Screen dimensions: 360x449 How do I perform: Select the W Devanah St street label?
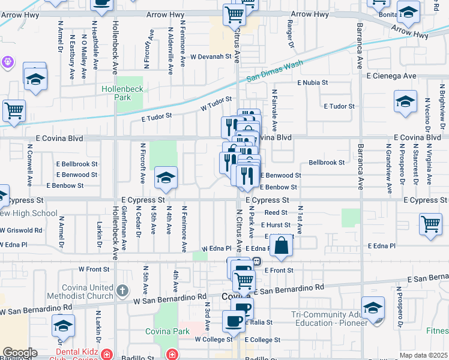pos(211,56)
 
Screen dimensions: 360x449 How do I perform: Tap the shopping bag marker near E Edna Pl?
pos(281,246)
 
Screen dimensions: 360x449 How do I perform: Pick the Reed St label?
pos(276,212)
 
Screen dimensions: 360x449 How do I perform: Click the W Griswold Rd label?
pos(21,230)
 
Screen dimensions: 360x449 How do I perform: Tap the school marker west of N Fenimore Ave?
pos(166,178)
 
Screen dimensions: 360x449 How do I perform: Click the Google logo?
pos(19,353)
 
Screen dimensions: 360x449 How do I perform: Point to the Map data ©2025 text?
pos(423,355)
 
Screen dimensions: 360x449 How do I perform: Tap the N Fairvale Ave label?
pos(274,111)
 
